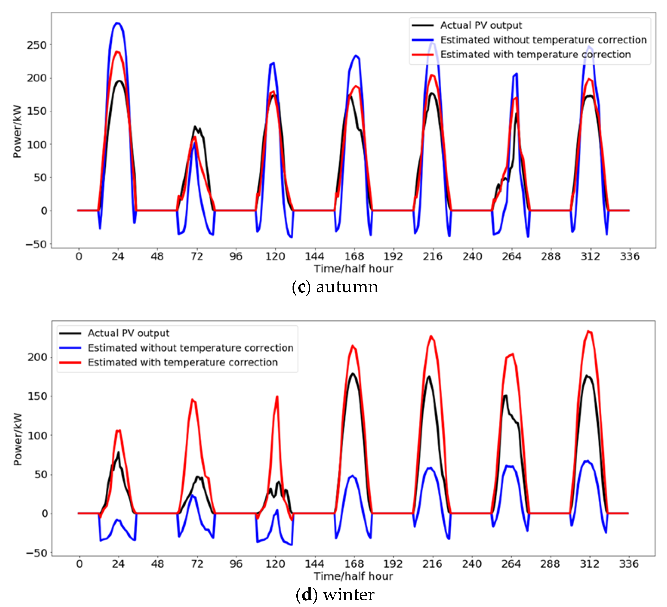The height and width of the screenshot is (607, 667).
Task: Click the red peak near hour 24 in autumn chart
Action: tap(117, 52)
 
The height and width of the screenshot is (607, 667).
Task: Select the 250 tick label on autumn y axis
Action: tap(37, 45)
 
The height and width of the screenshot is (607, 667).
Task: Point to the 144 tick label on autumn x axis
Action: tap(314, 256)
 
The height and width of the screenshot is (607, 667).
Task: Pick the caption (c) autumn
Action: tap(335, 287)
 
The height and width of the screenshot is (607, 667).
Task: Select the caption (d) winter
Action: tap(335, 595)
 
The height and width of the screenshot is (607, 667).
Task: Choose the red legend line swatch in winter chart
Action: tap(70, 362)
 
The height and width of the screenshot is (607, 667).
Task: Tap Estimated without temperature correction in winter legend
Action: tap(191, 348)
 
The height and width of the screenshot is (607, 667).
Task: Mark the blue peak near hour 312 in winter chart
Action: tap(587, 461)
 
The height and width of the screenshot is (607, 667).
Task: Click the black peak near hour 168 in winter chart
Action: tap(353, 374)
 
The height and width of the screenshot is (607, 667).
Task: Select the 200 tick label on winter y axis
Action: tap(37, 357)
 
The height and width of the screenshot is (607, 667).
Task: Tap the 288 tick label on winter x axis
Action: tap(550, 564)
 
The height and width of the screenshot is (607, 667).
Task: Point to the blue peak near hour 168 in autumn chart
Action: tap(356, 56)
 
